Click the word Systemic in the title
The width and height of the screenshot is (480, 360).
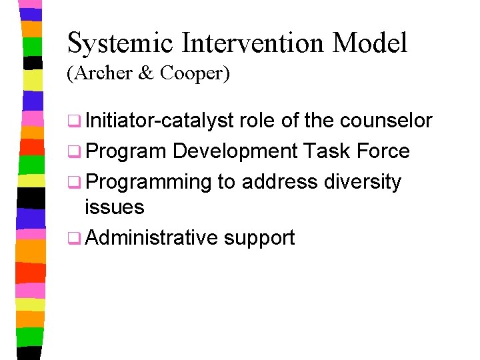click(x=121, y=44)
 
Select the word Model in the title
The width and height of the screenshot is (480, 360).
click(x=370, y=44)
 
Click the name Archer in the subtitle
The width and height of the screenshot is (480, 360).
click(x=102, y=74)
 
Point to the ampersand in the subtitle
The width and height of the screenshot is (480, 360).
click(x=146, y=74)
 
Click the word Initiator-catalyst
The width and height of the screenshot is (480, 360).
click(x=159, y=121)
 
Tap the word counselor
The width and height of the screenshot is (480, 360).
click(x=386, y=121)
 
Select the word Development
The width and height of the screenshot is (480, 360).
click(x=234, y=151)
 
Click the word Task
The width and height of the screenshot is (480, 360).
click(x=326, y=151)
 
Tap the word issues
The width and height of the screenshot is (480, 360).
click(x=114, y=207)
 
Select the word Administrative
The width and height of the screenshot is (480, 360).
click(x=152, y=237)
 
